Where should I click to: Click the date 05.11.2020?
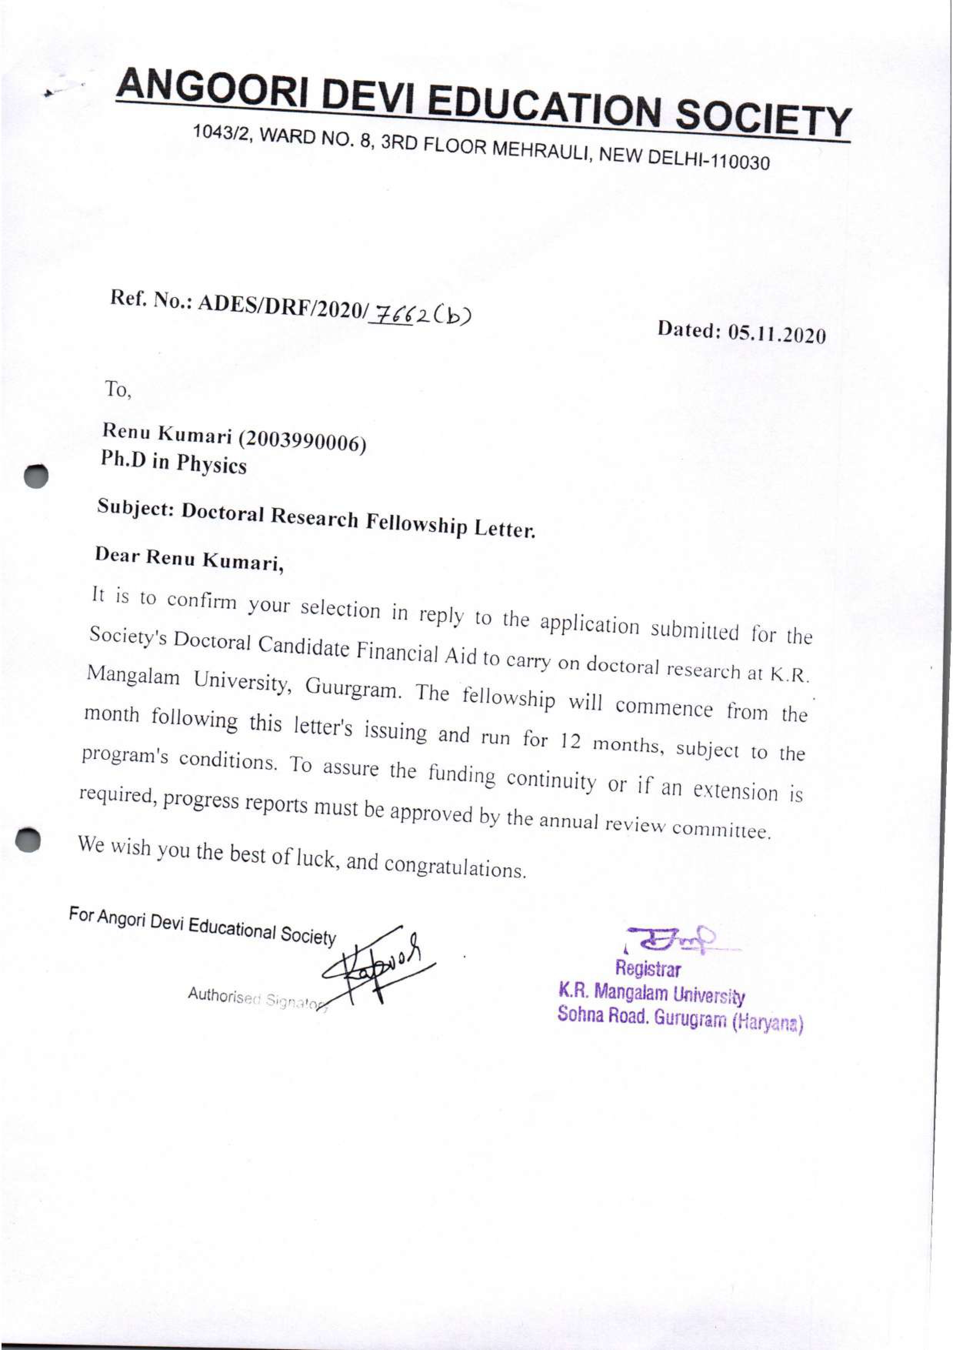777,334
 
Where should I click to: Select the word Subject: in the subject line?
135,508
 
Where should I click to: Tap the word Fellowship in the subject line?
417,523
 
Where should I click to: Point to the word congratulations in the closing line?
453,867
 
